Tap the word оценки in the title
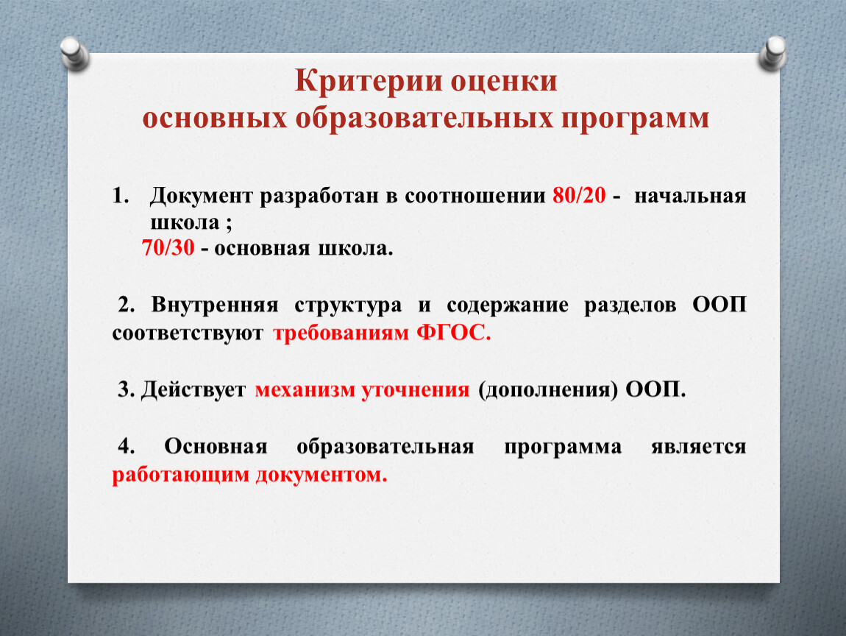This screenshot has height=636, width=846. coord(504,82)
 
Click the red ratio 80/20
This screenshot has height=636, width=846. coord(579,196)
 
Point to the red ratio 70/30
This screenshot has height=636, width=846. coord(168,247)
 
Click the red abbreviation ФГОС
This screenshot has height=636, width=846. coord(453,333)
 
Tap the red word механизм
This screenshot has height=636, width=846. coord(305,390)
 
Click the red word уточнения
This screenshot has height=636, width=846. coord(416,390)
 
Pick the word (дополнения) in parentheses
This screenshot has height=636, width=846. coord(547,390)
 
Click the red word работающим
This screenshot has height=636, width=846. coord(180,475)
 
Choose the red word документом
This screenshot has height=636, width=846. coord(321,475)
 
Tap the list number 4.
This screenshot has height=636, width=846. coord(127,446)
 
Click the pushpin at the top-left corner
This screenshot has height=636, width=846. coord(74,54)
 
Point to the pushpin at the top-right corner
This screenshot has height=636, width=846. coord(772,53)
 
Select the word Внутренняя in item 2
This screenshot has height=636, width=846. coord(215,305)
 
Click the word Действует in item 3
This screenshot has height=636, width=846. coord(193,390)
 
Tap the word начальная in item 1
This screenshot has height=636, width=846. coord(690,197)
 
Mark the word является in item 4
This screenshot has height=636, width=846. coord(699,447)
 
